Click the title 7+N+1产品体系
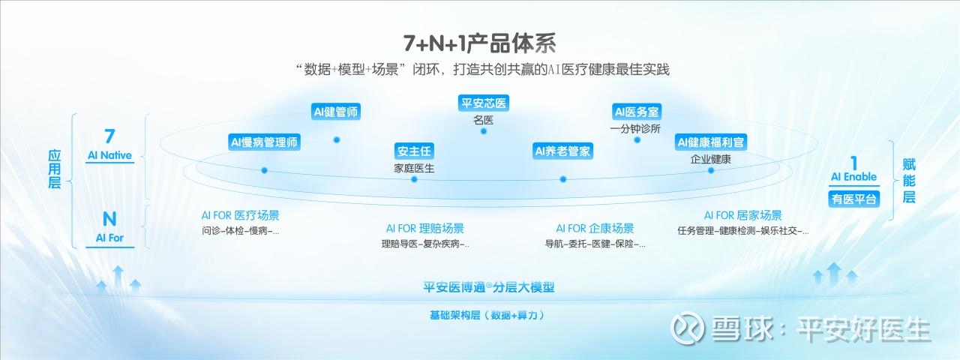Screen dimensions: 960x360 click(x=479, y=43)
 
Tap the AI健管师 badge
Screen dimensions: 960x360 click(x=335, y=112)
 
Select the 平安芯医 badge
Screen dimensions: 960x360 click(x=484, y=103)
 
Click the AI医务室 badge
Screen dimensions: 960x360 click(x=637, y=112)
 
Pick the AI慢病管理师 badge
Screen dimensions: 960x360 click(x=264, y=142)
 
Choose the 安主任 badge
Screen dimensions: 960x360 click(x=414, y=151)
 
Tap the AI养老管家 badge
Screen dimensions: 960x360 click(x=562, y=151)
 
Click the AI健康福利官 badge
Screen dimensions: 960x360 click(x=710, y=142)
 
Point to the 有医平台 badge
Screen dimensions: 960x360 click(x=853, y=199)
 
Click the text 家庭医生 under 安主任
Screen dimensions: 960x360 click(x=414, y=169)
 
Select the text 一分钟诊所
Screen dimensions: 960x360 click(x=635, y=128)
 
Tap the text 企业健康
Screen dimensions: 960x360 click(x=710, y=160)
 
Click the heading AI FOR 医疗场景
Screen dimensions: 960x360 click(x=241, y=215)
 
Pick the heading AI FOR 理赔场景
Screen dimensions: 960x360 click(x=424, y=229)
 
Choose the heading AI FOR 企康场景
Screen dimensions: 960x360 click(x=595, y=229)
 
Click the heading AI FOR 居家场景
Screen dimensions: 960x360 click(x=742, y=215)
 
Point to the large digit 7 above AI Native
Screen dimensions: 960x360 click(x=109, y=136)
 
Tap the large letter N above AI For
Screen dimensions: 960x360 click(x=109, y=219)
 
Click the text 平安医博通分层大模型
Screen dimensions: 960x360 click(x=488, y=287)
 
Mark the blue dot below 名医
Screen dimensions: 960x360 click(x=484, y=131)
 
